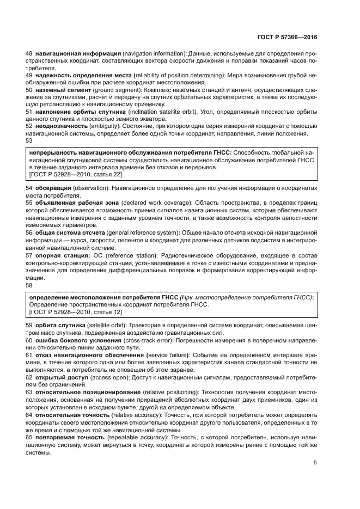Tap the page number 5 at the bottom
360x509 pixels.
tap(315, 463)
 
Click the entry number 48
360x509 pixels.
tap(29, 54)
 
